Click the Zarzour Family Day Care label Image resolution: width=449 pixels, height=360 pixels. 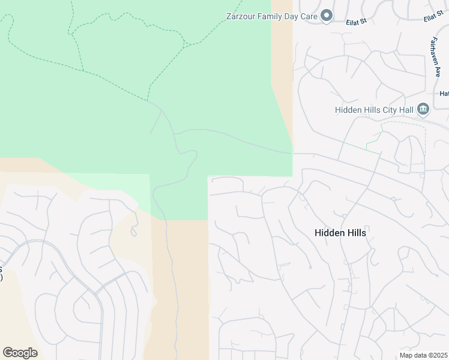[x=271, y=16]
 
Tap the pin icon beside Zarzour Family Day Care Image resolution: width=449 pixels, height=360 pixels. [x=327, y=16]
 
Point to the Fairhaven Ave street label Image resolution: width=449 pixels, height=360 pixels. [x=434, y=56]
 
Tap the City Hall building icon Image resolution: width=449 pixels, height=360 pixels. [x=423, y=109]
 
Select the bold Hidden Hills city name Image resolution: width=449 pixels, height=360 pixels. [x=340, y=232]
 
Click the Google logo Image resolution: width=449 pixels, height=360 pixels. [x=20, y=353]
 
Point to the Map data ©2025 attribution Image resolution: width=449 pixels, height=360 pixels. [x=424, y=355]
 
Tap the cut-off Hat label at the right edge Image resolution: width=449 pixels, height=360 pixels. [x=444, y=94]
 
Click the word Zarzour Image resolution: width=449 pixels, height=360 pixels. [x=241, y=16]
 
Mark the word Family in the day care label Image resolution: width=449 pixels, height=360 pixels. [x=271, y=16]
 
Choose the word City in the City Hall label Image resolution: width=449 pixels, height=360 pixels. [x=384, y=109]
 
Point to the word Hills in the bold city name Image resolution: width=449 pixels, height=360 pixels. [x=355, y=232]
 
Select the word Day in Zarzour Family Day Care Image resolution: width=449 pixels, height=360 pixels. [x=293, y=16]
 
